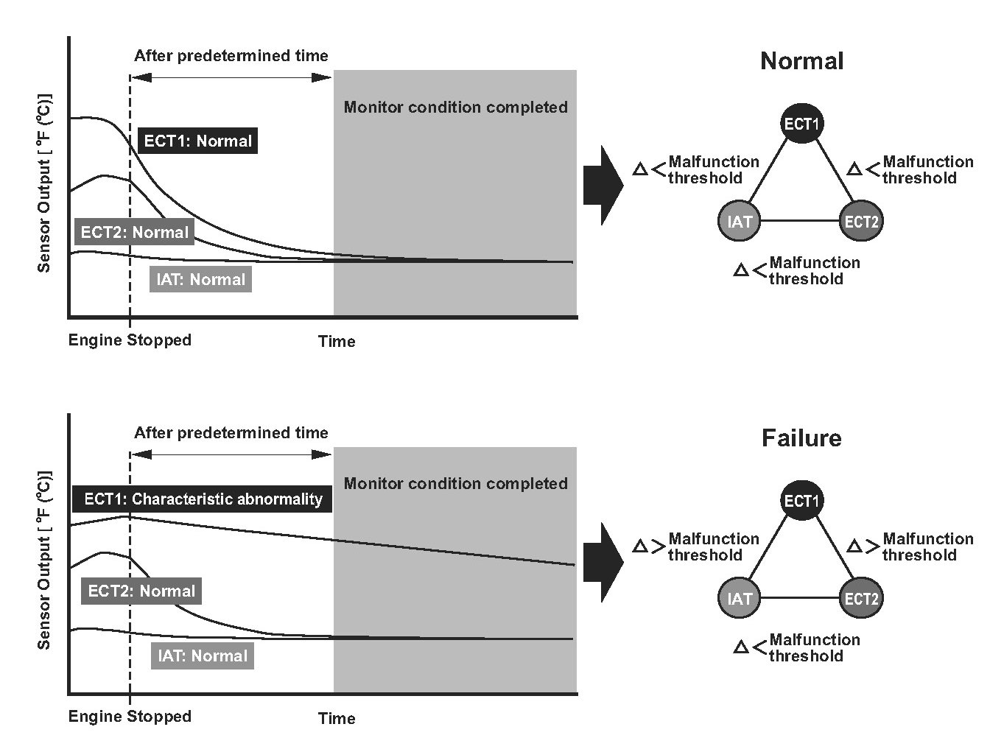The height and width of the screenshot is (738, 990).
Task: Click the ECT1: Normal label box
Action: tap(197, 141)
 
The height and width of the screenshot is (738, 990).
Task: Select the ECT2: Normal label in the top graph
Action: tap(134, 232)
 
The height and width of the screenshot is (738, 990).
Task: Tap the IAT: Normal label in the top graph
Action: tap(200, 279)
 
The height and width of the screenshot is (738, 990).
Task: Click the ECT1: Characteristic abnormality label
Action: tap(203, 499)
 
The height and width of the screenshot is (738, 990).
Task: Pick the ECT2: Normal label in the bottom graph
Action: tap(141, 591)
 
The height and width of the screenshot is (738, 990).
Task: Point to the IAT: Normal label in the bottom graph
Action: tap(203, 656)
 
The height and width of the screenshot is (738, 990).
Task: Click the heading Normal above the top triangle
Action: tap(801, 61)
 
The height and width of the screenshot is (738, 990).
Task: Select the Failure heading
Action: tap(801, 438)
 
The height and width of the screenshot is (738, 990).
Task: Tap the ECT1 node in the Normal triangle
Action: tap(801, 124)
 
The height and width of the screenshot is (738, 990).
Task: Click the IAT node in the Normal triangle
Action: tap(740, 221)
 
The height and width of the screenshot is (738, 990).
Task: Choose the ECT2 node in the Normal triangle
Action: tap(861, 221)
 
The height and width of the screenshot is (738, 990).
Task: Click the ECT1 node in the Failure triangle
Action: tap(801, 500)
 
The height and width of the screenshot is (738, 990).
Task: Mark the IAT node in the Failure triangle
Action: tap(740, 598)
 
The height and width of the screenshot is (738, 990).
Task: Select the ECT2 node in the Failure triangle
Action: tap(861, 598)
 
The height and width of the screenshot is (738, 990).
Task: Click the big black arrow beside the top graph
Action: tap(603, 186)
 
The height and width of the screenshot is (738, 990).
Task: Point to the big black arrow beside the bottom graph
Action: tap(603, 563)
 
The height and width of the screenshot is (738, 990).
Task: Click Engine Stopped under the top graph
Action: tap(130, 340)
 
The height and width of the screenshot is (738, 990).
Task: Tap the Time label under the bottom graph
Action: tap(337, 718)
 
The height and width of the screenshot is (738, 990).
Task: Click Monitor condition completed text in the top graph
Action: tap(455, 108)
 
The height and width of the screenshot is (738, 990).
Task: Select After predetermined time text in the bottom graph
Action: tap(231, 433)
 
